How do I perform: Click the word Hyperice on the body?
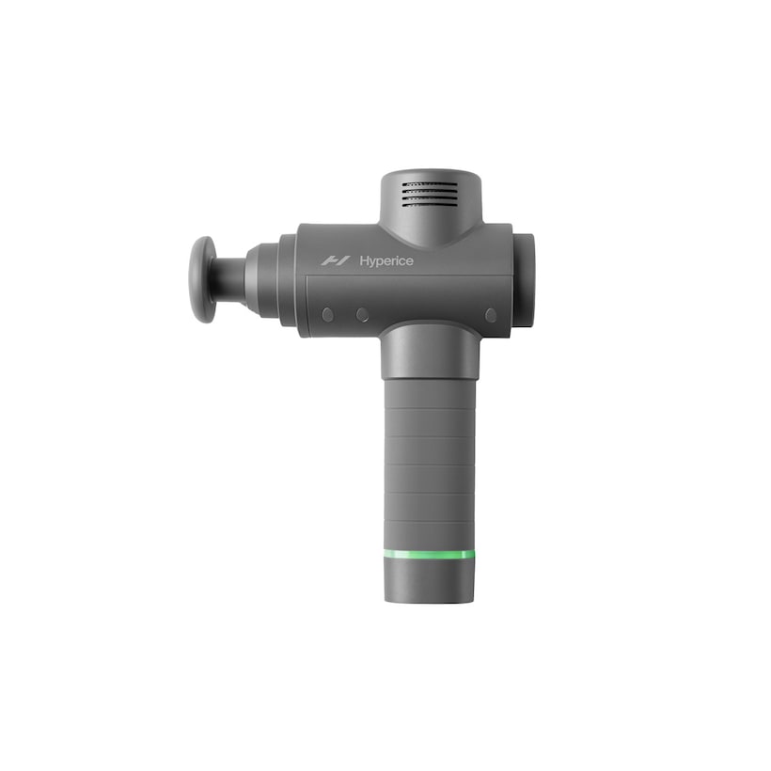pyautogui.click(x=386, y=261)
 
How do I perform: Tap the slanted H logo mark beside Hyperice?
pyautogui.click(x=336, y=260)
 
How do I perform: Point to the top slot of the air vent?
pyautogui.click(x=430, y=185)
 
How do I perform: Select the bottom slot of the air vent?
pyautogui.click(x=430, y=204)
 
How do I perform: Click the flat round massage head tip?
pyautogui.click(x=203, y=279)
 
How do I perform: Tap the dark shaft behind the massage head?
pyautogui.click(x=230, y=279)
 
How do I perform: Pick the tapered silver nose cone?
pyautogui.click(x=263, y=279)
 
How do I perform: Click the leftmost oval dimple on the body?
pyautogui.click(x=327, y=315)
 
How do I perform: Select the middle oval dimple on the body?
pyautogui.click(x=362, y=315)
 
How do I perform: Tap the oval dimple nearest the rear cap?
pyautogui.click(x=491, y=315)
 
